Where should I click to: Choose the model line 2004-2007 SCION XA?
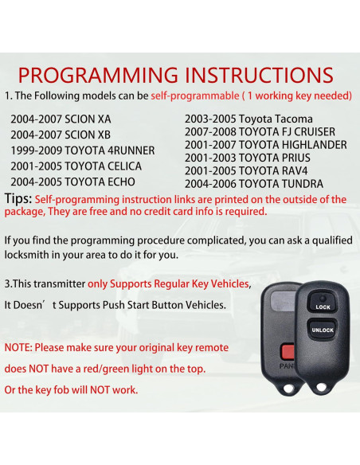61,118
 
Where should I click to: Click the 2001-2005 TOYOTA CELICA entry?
76,166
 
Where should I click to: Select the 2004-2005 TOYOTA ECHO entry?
72,182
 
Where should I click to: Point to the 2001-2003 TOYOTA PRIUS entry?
246,158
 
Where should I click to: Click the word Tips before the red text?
18,199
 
